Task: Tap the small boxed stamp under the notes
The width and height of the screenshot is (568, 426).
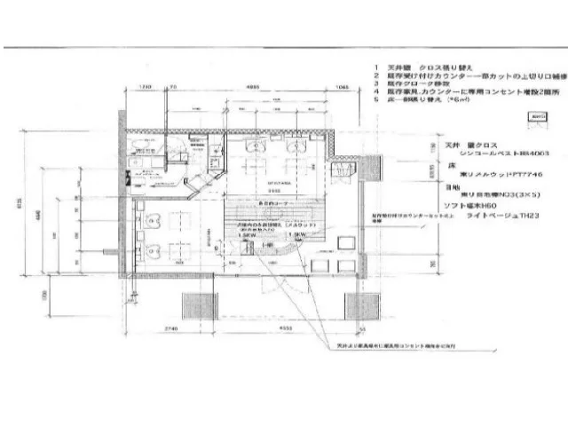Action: pyautogui.click(x=537, y=117)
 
